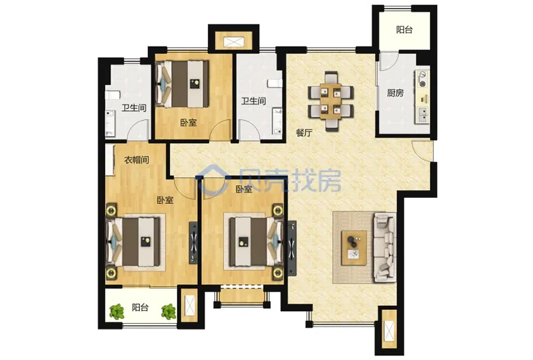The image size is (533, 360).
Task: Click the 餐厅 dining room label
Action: (304, 133)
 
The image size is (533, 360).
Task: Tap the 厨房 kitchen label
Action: (395, 92)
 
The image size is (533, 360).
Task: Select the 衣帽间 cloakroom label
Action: (136, 160)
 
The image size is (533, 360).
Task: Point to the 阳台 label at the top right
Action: (404, 30)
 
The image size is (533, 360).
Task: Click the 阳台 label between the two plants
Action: (140, 308)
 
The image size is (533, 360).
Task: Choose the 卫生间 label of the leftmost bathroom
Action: (134, 108)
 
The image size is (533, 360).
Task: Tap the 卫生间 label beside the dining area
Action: (254, 101)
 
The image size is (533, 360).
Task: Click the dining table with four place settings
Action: (331, 101)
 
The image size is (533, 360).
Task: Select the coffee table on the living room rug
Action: (354, 248)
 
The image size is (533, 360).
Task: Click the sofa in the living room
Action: (385, 247)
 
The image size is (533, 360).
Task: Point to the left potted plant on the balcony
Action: (117, 311)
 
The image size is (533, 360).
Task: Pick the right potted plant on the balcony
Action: (169, 312)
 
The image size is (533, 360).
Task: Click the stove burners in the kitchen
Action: (422, 79)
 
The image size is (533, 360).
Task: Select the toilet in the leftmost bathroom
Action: (111, 95)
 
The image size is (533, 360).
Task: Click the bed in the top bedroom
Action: (182, 83)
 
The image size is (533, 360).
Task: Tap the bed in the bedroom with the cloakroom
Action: (133, 242)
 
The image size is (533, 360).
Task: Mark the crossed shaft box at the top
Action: (233, 42)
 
